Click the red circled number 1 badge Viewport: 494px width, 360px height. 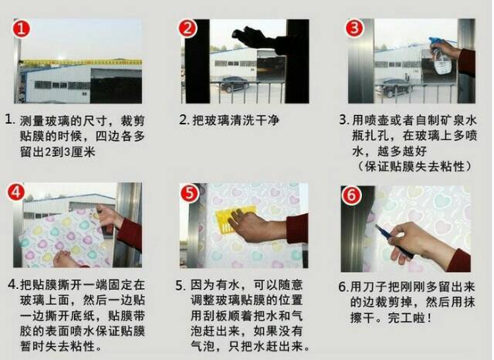(x=22, y=28)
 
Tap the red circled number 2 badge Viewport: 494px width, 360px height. (x=188, y=28)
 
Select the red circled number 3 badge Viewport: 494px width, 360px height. (x=354, y=28)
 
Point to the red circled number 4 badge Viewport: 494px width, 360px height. (x=16, y=192)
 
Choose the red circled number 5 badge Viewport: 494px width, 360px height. (x=189, y=193)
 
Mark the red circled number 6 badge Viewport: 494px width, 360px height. (x=351, y=195)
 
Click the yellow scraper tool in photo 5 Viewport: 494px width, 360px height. (x=235, y=218)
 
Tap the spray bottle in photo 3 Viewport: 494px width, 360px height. (x=441, y=56)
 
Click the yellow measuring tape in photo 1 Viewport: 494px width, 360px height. (x=80, y=62)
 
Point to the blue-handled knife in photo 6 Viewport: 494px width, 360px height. (x=394, y=240)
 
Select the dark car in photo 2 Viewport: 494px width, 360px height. (x=235, y=84)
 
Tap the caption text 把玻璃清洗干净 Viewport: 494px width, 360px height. (x=235, y=120)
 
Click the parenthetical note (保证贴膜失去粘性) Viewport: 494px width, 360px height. (x=414, y=166)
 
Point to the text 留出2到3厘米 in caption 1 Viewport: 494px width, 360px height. (x=58, y=152)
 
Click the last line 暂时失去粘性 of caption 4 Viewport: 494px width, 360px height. (x=61, y=346)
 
